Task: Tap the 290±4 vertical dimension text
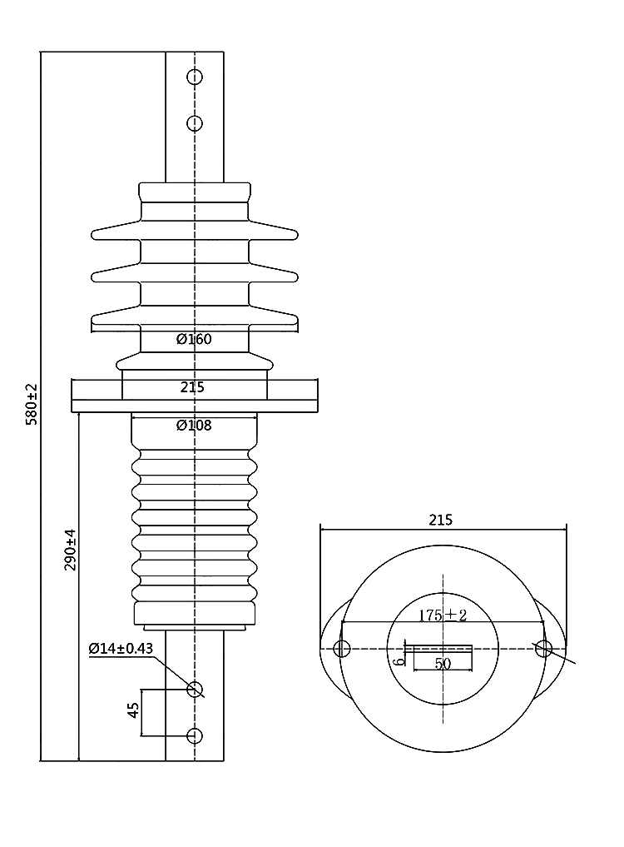click(71, 550)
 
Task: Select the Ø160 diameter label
click(194, 339)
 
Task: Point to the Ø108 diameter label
click(194, 426)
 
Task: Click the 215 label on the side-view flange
click(192, 386)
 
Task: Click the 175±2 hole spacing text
click(442, 615)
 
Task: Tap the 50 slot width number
click(442, 664)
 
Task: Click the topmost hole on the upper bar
click(195, 77)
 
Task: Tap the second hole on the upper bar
click(195, 124)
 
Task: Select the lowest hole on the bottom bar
click(195, 735)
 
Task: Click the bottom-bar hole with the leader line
click(195, 689)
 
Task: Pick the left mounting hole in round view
click(340, 649)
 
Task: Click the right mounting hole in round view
click(544, 649)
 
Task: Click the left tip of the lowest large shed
click(92, 316)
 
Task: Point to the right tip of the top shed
click(296, 232)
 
